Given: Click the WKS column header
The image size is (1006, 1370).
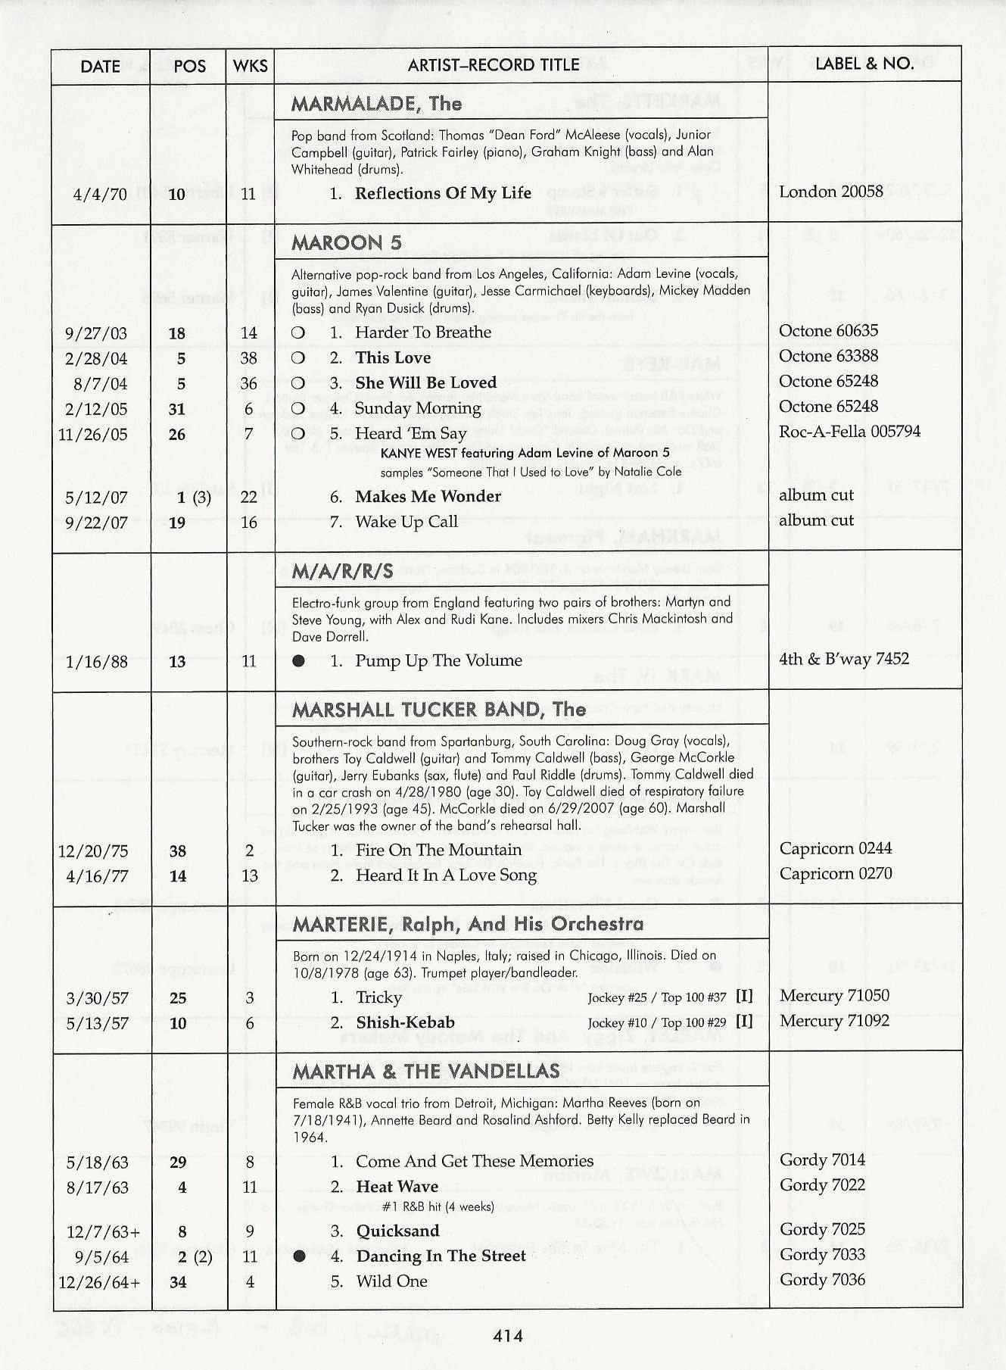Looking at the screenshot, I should click(250, 66).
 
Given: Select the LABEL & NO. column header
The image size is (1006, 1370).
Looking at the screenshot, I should click(864, 64).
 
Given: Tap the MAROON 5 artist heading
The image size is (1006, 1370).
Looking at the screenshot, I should click(347, 242).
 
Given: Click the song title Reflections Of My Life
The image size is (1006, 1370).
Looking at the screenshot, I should click(443, 193).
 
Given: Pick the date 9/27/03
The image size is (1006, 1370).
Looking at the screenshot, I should click(96, 334).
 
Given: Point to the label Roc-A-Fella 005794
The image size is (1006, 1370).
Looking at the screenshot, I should click(849, 432).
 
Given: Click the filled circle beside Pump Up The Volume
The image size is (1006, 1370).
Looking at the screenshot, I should click(299, 661).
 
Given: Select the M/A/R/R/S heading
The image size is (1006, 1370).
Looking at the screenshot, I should click(343, 571).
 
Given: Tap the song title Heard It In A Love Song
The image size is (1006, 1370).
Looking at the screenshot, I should click(446, 875).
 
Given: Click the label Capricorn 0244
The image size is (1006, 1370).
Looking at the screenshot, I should click(836, 849).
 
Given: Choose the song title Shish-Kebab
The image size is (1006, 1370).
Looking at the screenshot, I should click(405, 1022).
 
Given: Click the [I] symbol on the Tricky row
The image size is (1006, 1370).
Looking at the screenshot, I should click(744, 997).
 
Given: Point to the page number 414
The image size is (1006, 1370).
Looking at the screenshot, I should click(507, 1336).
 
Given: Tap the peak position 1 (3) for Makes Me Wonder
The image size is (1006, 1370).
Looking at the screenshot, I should click(194, 498).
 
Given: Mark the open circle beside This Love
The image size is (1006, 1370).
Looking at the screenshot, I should click(298, 358).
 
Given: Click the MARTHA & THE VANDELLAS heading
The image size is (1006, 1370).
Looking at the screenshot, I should click(426, 1071).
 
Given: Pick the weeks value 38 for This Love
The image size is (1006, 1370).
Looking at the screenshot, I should click(249, 358).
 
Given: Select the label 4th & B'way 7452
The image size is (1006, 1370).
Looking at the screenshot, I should click(844, 659).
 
